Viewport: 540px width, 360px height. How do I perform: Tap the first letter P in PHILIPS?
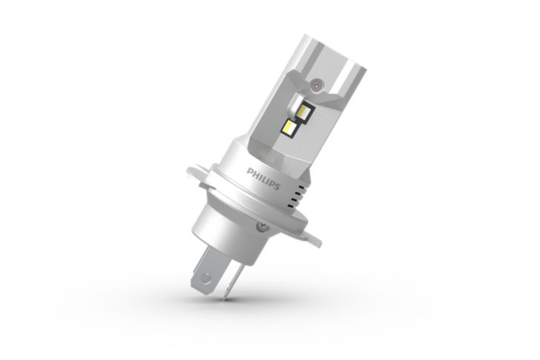[250, 171]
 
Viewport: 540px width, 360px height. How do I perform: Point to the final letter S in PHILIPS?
[277, 188]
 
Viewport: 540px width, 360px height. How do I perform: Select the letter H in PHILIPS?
[254, 174]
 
